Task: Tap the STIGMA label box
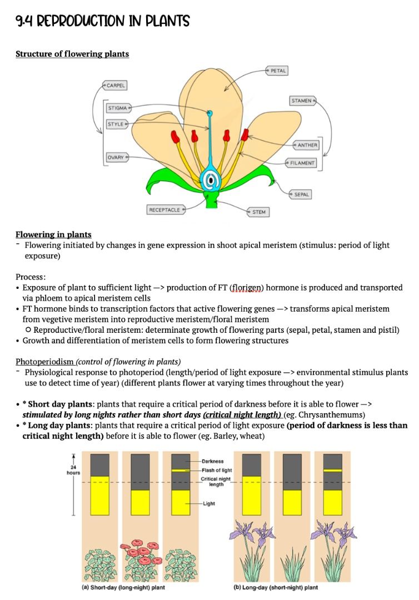(x=118, y=107)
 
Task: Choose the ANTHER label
(x=306, y=145)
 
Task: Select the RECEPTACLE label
(x=166, y=209)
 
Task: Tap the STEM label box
(x=257, y=212)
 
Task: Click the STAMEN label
(x=303, y=101)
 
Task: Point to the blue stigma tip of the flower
(x=210, y=114)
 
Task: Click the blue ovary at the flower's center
(x=211, y=179)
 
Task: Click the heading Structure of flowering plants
(x=72, y=54)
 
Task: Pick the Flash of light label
(x=216, y=471)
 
